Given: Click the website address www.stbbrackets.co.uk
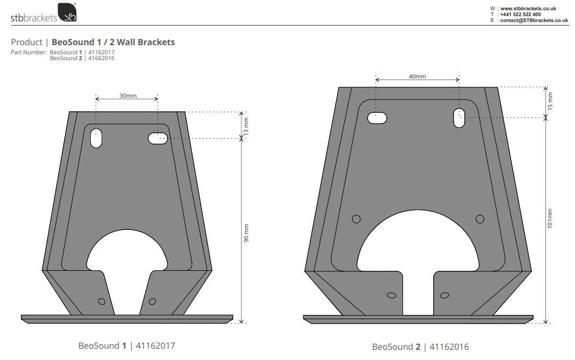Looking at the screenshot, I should pyautogui.click(x=528, y=9).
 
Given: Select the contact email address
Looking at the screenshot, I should pyautogui.click(x=534, y=20).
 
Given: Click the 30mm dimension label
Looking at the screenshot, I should pyautogui.click(x=127, y=96).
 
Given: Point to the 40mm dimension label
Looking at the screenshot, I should pyautogui.click(x=417, y=76).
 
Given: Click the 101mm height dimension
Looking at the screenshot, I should pyautogui.click(x=550, y=218).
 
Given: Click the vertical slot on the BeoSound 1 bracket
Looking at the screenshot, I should pyautogui.click(x=96, y=138).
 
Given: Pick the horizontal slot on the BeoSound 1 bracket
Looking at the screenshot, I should pyautogui.click(x=157, y=139).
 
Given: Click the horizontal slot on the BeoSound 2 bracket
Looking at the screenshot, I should pyautogui.click(x=377, y=118).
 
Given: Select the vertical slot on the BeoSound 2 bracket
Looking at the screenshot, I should pyautogui.click(x=458, y=118).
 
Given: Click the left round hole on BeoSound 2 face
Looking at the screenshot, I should pyautogui.click(x=356, y=219).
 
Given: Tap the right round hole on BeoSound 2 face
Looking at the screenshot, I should pyautogui.click(x=480, y=219).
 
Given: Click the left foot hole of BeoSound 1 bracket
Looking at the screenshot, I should pyautogui.click(x=102, y=301).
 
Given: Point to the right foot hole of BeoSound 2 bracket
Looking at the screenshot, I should pyautogui.click(x=444, y=295).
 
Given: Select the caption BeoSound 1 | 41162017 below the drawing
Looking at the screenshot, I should pyautogui.click(x=127, y=346).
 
